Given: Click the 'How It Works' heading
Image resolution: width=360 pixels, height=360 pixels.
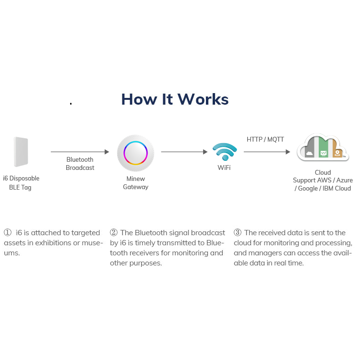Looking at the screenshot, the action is (175, 99).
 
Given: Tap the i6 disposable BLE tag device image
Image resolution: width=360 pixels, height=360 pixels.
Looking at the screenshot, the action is (21, 152).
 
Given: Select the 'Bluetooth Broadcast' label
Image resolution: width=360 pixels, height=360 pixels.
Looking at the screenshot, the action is (80, 164).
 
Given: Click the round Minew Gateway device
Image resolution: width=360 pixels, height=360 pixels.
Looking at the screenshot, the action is (135, 153).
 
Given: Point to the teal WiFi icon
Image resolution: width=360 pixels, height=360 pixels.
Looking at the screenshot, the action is (225, 151).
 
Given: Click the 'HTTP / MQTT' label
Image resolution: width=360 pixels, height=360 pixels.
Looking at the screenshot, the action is (265, 139).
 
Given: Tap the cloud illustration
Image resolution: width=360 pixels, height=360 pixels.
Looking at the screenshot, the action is (323, 147).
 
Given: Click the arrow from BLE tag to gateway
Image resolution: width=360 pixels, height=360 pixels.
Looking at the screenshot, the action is (80, 152).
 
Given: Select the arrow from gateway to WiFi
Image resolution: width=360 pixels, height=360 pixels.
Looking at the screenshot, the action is (184, 152).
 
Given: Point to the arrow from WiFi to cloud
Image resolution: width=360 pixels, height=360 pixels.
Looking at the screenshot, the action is (267, 152).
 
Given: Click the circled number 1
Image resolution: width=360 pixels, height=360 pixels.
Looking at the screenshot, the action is (8, 232).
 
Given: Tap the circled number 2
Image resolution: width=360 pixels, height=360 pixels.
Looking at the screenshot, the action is (114, 232).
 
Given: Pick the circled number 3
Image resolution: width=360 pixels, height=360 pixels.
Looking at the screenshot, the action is (238, 232).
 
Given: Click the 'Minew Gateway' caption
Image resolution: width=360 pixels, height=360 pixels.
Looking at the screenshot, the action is (136, 183).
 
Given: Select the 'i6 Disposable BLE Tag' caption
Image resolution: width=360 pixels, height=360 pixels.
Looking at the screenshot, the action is (21, 183).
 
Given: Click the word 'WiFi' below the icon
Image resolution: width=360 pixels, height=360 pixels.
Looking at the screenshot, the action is (224, 168).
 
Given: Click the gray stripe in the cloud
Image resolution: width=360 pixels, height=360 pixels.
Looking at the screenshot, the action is (310, 148).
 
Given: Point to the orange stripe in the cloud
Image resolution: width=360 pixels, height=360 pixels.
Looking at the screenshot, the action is (337, 149).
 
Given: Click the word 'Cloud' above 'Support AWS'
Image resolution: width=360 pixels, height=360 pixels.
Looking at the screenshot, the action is (323, 172).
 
